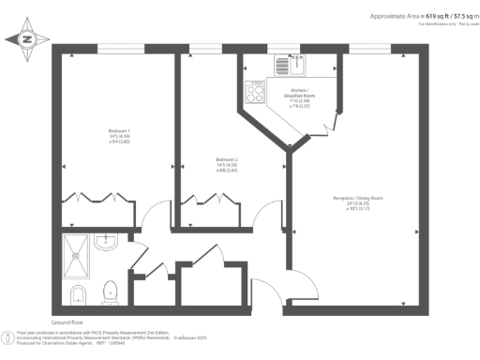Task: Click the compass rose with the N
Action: (x=25, y=39)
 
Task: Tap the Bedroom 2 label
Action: (x=228, y=162)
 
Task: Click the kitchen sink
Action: (x=289, y=66)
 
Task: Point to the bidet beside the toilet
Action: (x=77, y=297)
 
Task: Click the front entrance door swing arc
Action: (x=265, y=292)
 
